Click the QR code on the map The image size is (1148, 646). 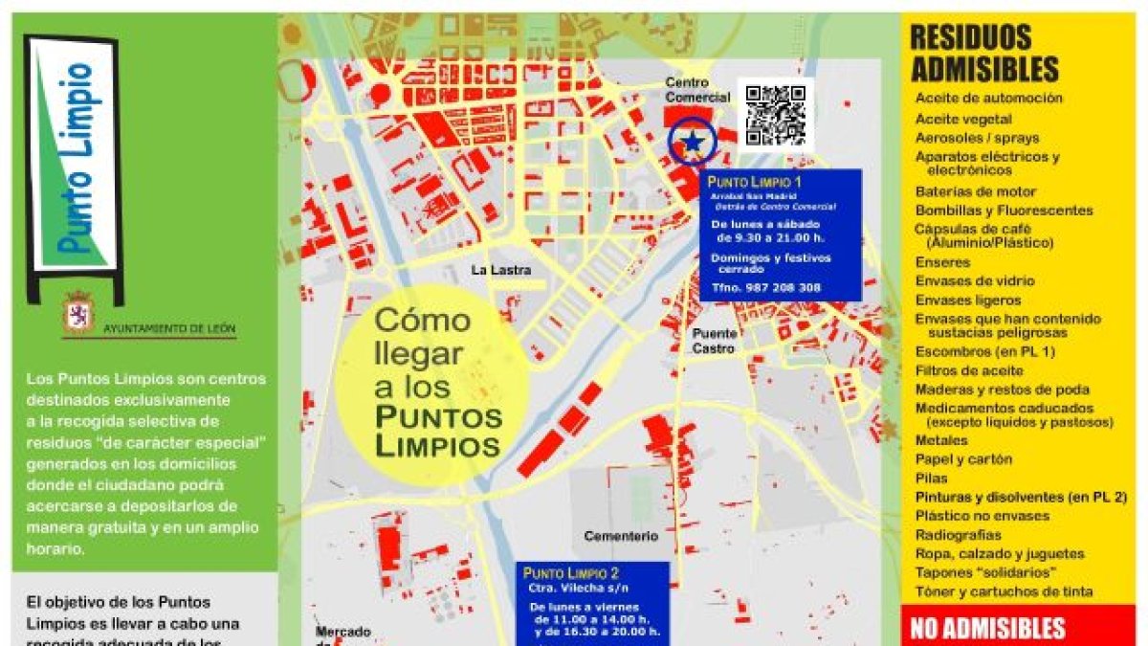pyautogui.click(x=775, y=115)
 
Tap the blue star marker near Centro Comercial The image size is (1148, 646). pyautogui.click(x=691, y=142)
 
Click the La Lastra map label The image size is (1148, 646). pyautogui.click(x=495, y=271)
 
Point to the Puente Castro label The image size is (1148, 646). pyautogui.click(x=716, y=341)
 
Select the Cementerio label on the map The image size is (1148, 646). pyautogui.click(x=621, y=537)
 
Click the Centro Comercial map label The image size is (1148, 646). pyautogui.click(x=697, y=90)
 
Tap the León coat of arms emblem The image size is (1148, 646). pyautogui.click(x=77, y=315)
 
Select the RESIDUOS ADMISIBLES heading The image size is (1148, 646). pyautogui.click(x=984, y=54)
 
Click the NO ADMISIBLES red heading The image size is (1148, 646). pyautogui.click(x=987, y=629)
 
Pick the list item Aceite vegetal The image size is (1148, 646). pyautogui.click(x=963, y=119)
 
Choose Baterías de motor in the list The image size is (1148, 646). pyautogui.click(x=975, y=191)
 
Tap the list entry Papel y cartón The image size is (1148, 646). pyautogui.click(x=963, y=459)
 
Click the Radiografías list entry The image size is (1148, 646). pyautogui.click(x=959, y=535)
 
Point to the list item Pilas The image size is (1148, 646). pyautogui.click(x=931, y=478)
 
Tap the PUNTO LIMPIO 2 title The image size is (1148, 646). pyautogui.click(x=572, y=574)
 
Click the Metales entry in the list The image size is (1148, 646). pyautogui.click(x=941, y=440)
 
